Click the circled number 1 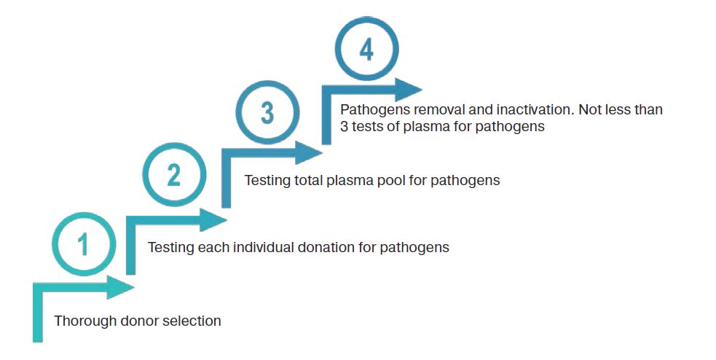[x=83, y=243]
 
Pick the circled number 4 [x=366, y=50]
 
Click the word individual [x=261, y=247]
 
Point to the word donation [x=326, y=247]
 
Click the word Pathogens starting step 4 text [x=370, y=110]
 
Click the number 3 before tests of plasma [x=345, y=126]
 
